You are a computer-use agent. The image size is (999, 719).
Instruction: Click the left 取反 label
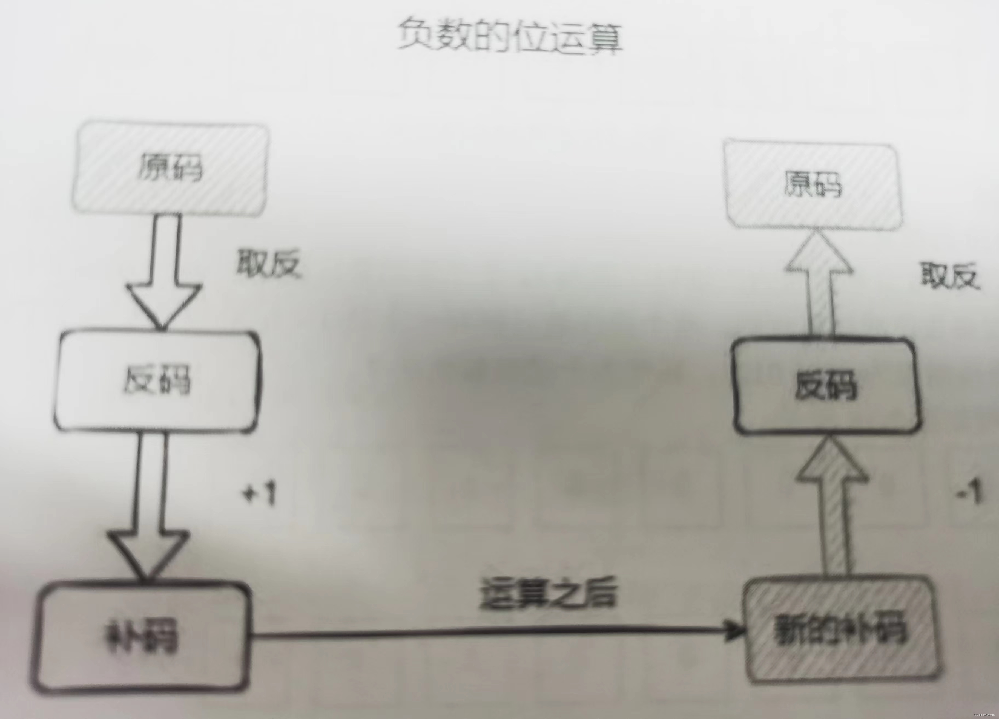tap(269, 264)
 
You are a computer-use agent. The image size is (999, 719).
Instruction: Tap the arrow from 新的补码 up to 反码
tap(832, 506)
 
